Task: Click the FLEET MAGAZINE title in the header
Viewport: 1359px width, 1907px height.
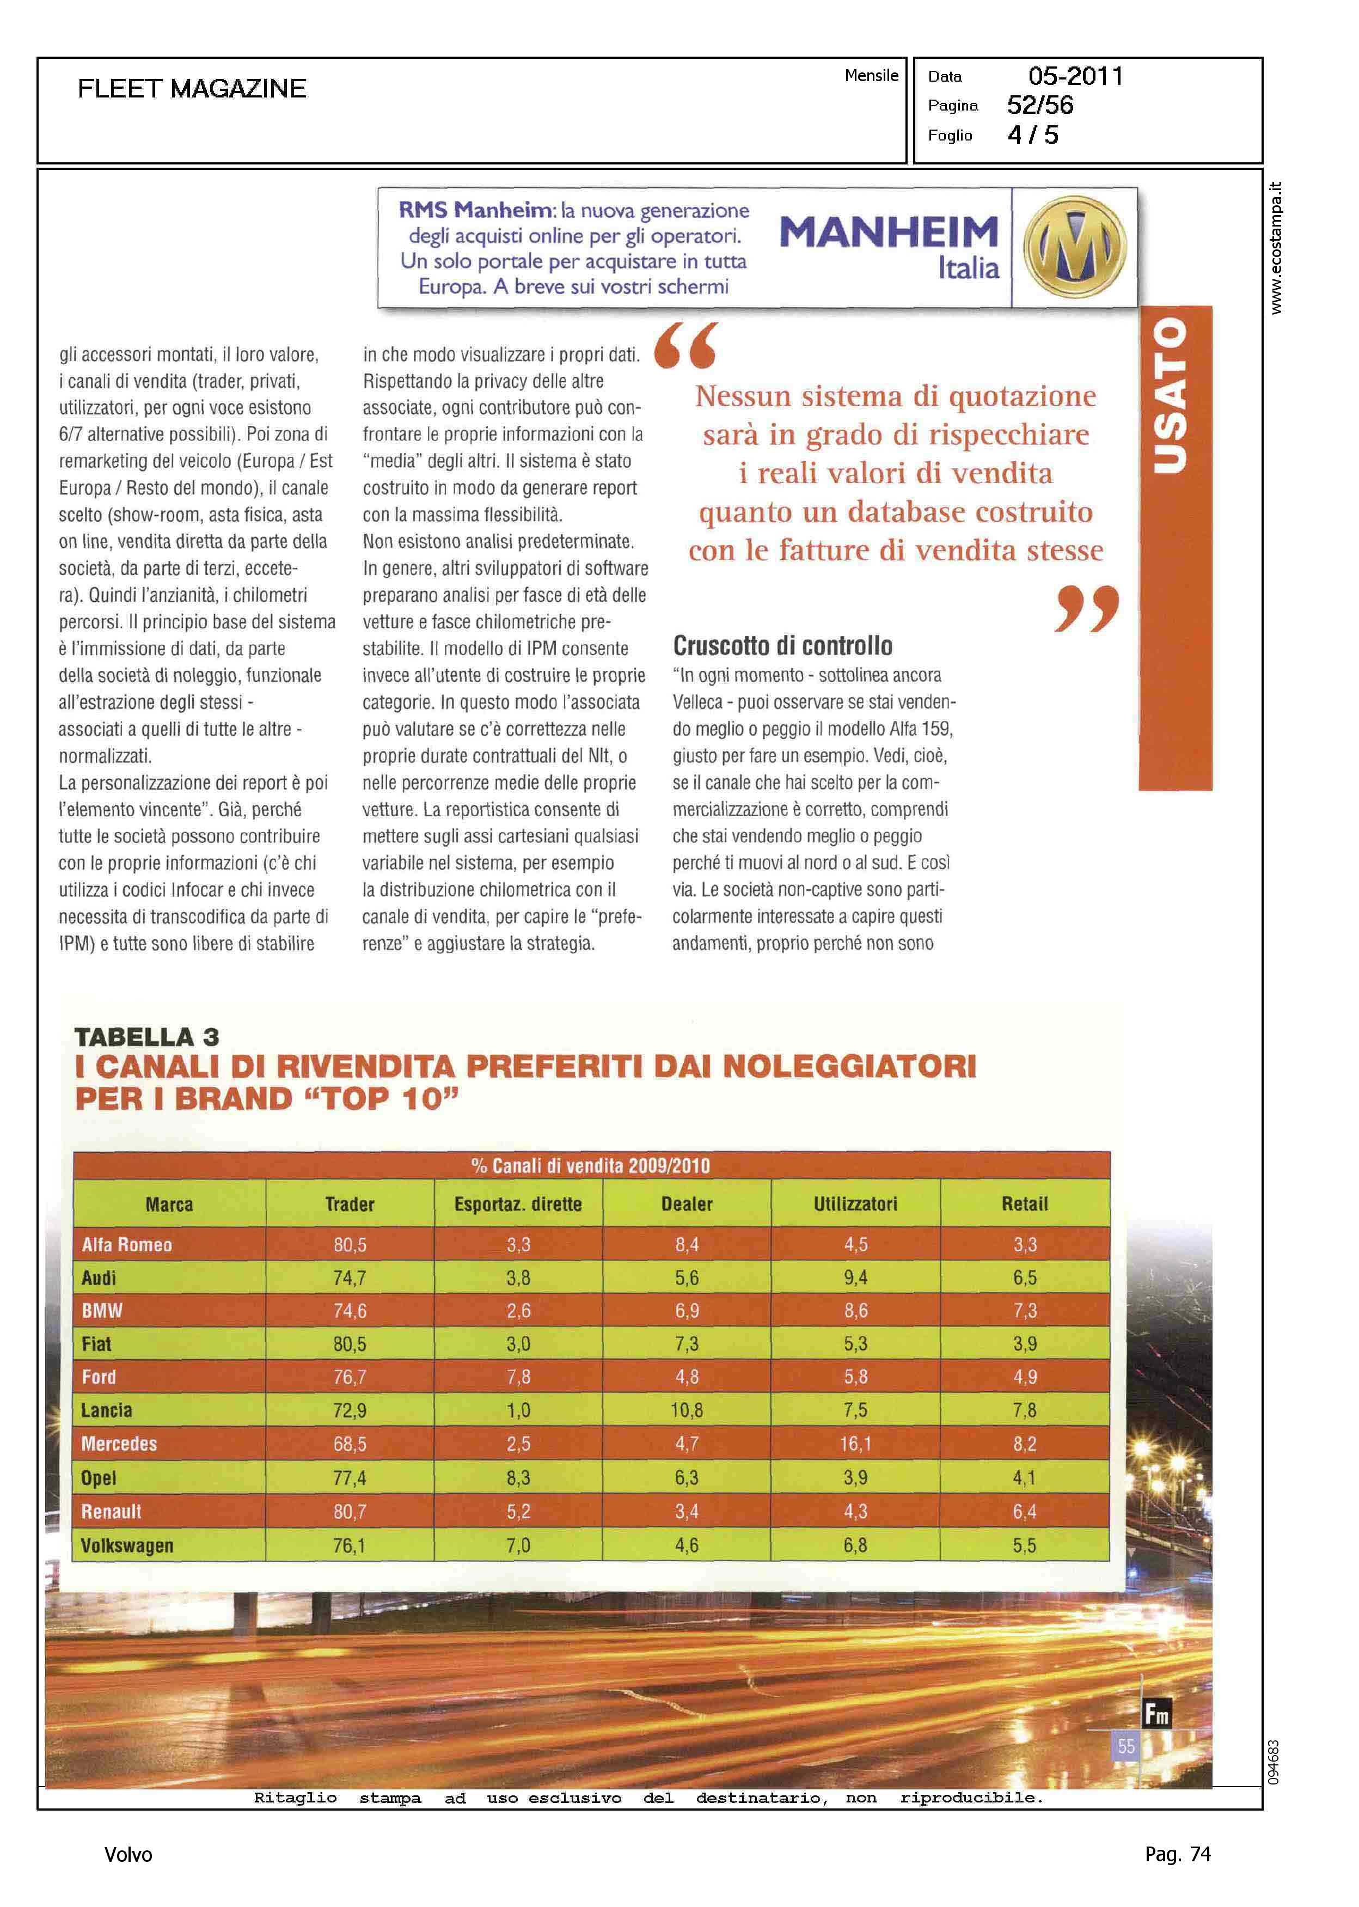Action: [x=192, y=89]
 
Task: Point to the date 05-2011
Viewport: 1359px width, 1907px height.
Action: [x=1075, y=76]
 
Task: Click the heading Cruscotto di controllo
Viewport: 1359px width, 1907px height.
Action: [x=782, y=646]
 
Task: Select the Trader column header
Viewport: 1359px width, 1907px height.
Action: [x=350, y=1204]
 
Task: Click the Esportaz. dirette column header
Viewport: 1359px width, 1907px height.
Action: [x=518, y=1204]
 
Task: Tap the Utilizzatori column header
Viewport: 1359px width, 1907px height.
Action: [x=855, y=1204]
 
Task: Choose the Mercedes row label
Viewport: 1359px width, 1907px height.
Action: [x=119, y=1444]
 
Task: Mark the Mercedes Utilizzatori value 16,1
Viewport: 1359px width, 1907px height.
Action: [x=855, y=1444]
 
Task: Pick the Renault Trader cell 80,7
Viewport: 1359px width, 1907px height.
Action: [x=350, y=1511]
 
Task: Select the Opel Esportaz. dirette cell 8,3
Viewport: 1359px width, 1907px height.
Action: [x=518, y=1478]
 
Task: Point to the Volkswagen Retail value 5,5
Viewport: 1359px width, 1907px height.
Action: [x=1024, y=1545]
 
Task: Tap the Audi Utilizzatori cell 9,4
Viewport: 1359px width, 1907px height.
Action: [x=855, y=1278]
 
